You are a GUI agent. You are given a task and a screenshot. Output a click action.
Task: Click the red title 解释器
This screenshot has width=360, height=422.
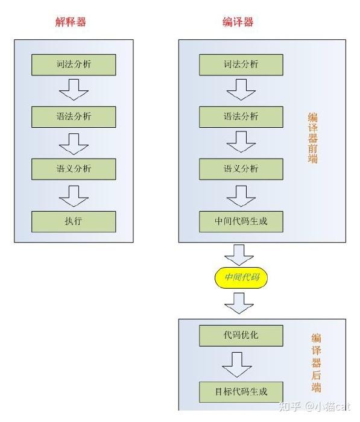[71, 22]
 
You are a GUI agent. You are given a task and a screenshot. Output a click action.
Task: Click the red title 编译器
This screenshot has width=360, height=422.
[238, 22]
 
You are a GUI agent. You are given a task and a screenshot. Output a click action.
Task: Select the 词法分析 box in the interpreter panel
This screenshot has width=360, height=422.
[74, 65]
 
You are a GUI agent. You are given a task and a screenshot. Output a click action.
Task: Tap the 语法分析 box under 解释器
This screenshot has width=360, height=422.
[74, 117]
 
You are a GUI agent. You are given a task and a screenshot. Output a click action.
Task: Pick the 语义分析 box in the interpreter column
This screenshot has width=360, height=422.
[74, 169]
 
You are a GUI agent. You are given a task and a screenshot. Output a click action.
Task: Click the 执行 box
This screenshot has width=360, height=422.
[74, 222]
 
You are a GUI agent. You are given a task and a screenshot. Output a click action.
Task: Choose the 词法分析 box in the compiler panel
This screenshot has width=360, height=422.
[241, 65]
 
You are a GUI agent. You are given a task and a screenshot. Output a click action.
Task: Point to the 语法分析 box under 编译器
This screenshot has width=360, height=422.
[241, 117]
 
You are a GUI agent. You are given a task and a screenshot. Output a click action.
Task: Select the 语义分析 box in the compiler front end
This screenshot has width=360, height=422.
[241, 169]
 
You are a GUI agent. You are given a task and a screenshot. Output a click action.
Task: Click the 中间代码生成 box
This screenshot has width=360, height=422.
[241, 222]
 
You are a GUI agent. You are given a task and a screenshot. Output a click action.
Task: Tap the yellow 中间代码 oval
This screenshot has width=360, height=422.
[241, 278]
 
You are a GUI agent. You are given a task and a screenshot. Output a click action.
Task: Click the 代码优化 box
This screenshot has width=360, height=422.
[241, 336]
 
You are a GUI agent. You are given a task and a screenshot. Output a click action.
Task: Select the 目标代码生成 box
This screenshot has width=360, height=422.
[241, 392]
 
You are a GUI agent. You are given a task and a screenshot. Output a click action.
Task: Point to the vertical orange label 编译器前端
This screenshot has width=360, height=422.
[313, 138]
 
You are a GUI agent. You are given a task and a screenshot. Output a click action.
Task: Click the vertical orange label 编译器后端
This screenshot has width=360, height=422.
[317, 363]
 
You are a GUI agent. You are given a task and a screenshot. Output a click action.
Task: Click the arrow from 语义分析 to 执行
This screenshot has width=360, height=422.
[74, 196]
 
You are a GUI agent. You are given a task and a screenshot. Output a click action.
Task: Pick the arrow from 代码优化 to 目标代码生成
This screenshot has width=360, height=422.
[237, 365]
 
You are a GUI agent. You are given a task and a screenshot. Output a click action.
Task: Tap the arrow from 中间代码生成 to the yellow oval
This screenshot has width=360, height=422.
[239, 255]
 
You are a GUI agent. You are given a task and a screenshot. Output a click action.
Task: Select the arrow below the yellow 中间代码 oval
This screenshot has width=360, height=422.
[239, 304]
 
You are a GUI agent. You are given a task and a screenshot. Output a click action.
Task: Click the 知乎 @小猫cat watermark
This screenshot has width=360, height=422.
[315, 406]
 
